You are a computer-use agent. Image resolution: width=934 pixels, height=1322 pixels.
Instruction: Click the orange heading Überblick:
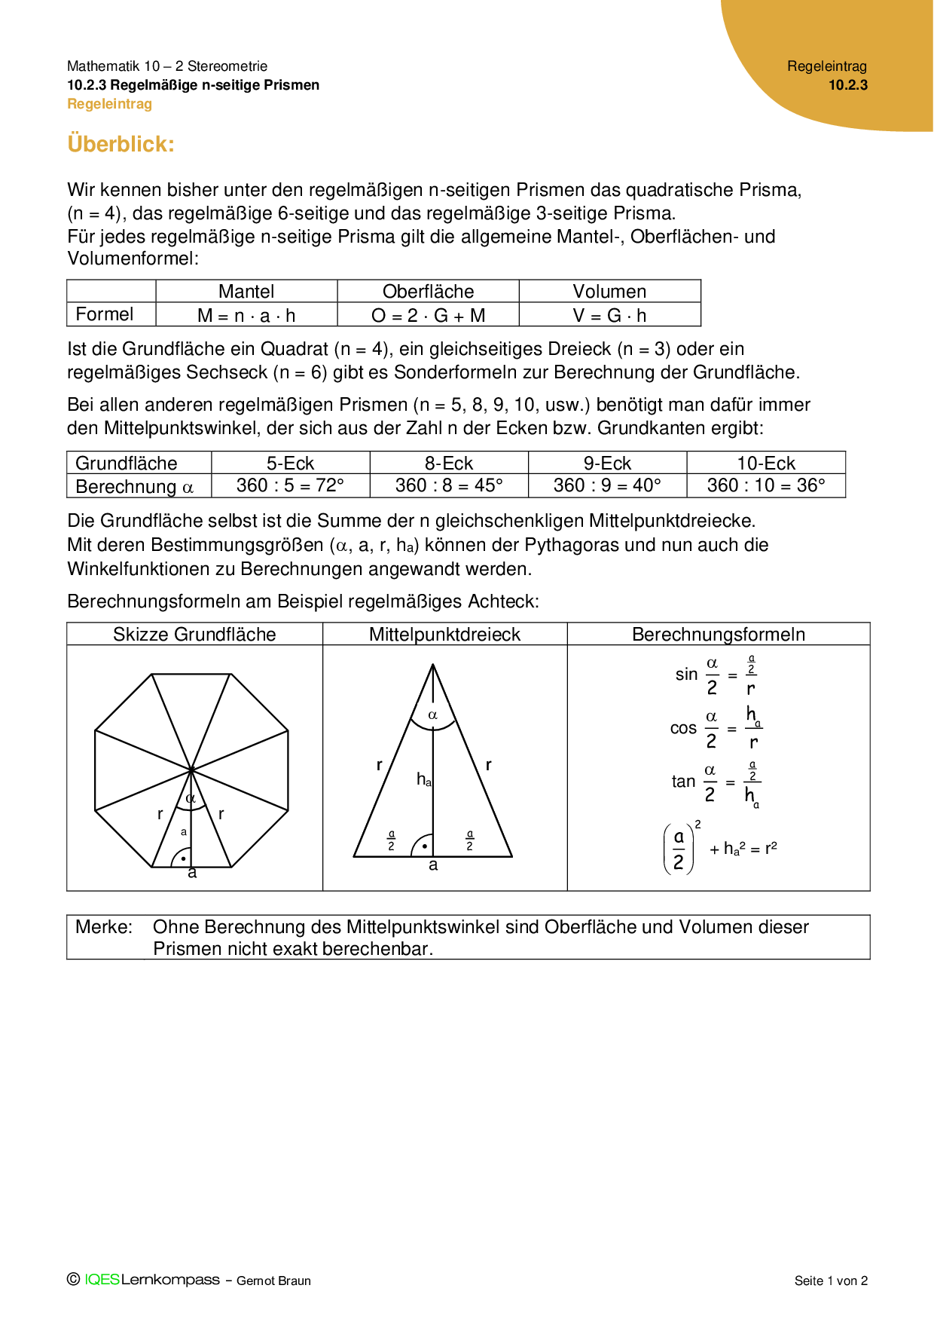121,143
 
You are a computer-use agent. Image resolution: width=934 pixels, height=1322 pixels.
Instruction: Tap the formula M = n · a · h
246,316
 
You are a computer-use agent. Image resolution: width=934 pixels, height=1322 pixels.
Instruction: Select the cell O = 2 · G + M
428,316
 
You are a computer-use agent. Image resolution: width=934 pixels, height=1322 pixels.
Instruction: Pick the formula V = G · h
609,316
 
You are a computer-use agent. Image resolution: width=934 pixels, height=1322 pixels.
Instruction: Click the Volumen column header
609,292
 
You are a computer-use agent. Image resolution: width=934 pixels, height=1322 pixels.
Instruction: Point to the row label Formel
105,314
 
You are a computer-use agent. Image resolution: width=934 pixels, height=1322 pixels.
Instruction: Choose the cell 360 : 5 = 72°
290,485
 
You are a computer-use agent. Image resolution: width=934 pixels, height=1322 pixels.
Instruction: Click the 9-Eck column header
607,463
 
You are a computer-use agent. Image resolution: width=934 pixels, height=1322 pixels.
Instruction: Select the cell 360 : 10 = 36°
766,485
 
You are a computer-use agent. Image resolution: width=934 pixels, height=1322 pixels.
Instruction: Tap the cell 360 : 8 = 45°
449,485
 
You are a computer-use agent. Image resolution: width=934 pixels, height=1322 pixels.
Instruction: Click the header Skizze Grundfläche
194,635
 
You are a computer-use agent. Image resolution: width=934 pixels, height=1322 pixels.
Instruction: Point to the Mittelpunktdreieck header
444,635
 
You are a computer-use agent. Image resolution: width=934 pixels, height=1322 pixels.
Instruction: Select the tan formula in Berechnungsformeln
716,782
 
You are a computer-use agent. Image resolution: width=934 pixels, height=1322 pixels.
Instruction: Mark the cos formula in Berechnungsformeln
716,729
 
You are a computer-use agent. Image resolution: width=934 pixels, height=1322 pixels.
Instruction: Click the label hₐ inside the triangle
424,780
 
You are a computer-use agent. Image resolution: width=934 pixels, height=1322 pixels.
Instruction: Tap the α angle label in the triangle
432,715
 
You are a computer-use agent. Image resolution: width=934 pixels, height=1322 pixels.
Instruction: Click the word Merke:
104,927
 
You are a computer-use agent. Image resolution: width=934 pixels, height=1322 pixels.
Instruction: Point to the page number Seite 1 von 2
831,1281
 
